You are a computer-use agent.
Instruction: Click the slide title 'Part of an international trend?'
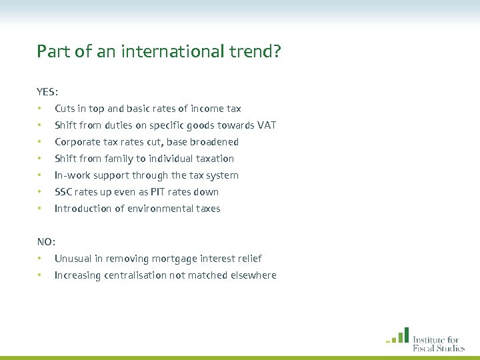point(159,51)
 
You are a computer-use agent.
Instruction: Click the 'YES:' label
point(47,91)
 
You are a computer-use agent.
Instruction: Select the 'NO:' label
point(46,241)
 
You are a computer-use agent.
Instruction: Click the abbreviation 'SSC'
point(63,192)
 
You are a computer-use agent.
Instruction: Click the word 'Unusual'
point(73,259)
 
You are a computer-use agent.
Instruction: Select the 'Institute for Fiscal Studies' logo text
point(438,343)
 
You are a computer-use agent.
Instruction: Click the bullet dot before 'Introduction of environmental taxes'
point(40,209)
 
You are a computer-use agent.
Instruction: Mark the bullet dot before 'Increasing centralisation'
point(40,275)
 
